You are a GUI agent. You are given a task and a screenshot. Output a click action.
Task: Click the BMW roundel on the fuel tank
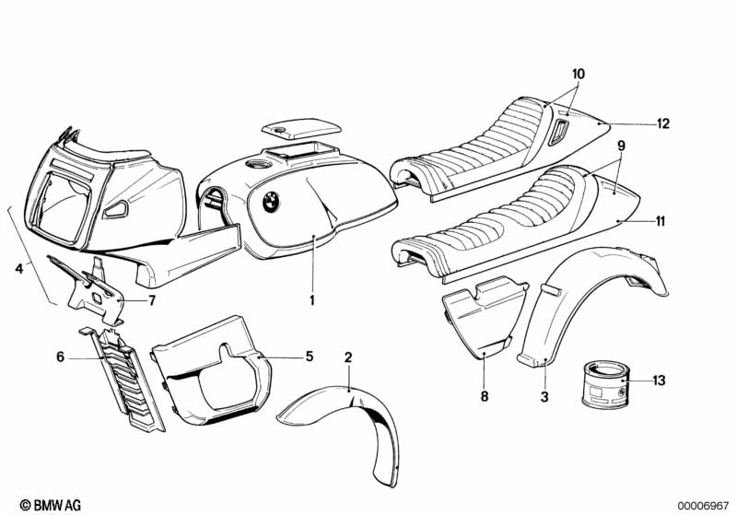pyautogui.click(x=271, y=202)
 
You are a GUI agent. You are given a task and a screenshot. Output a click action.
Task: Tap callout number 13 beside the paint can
pyautogui.click(x=660, y=380)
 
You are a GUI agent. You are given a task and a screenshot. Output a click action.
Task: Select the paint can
pyautogui.click(x=605, y=384)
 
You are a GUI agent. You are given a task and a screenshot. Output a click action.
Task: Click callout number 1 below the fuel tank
pyautogui.click(x=312, y=300)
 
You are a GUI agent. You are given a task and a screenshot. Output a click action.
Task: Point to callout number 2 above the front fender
pyautogui.click(x=348, y=357)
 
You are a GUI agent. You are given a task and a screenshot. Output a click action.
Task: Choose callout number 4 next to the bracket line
pyautogui.click(x=18, y=269)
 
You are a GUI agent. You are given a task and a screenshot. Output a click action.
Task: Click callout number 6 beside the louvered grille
pyautogui.click(x=60, y=357)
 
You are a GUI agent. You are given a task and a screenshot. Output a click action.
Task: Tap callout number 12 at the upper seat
pyautogui.click(x=663, y=123)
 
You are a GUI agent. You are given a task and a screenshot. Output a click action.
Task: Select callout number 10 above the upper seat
pyautogui.click(x=578, y=74)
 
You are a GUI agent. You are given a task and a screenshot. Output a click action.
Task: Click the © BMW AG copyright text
pyautogui.click(x=51, y=505)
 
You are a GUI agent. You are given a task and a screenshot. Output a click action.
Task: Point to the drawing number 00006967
pyautogui.click(x=703, y=506)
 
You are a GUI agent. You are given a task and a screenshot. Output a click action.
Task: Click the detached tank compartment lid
pyautogui.click(x=301, y=129)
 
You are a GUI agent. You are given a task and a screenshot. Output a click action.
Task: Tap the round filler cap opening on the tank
pyautogui.click(x=258, y=164)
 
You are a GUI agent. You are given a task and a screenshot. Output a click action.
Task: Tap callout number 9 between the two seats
pyautogui.click(x=622, y=146)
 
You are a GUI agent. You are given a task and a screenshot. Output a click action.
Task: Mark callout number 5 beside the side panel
pyautogui.click(x=310, y=357)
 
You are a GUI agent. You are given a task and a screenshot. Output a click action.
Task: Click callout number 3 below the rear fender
pyautogui.click(x=544, y=397)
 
